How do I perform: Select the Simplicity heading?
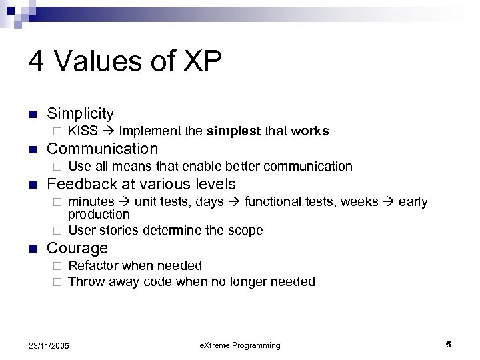pos(81,114)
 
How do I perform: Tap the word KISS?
pos(83,131)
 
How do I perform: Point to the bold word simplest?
pos(234,131)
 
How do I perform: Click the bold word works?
pos(310,131)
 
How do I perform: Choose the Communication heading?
pos(103,149)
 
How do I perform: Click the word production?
pos(99,214)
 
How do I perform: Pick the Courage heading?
pos(77,248)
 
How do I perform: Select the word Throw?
pos(85,281)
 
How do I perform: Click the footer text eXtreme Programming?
pos(240,345)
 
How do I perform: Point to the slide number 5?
pos(449,344)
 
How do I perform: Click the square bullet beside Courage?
pos(32,249)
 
